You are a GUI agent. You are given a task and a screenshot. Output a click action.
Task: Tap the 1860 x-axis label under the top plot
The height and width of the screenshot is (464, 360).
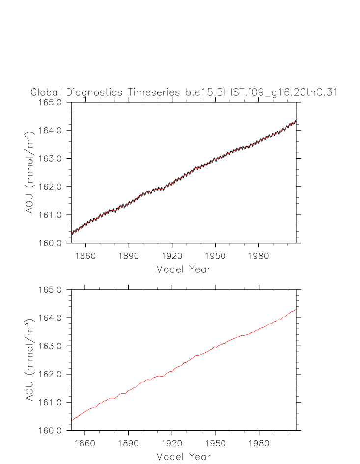[x=85, y=256]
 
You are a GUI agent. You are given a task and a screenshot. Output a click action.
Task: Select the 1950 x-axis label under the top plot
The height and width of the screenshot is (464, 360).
[x=216, y=256]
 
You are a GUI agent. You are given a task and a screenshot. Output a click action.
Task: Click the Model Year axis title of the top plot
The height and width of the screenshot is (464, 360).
[x=183, y=269]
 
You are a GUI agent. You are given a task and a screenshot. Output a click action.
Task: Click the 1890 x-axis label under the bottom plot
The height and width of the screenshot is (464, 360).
[x=129, y=443]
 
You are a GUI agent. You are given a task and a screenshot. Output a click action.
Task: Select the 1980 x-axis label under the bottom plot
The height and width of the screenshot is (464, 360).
[x=259, y=443]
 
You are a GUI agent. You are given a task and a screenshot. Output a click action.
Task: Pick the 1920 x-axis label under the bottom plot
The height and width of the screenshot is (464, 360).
[x=172, y=443]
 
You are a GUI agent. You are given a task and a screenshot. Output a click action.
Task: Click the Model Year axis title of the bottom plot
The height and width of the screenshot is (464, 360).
[x=183, y=457]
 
